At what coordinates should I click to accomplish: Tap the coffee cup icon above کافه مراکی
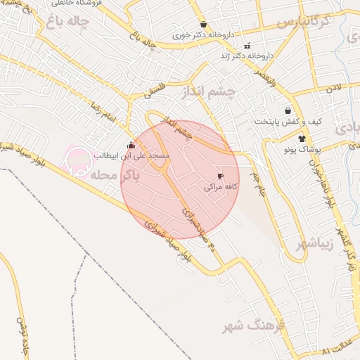220,176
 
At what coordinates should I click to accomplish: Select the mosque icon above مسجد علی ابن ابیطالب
130,146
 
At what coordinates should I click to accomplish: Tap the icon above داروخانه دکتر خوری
203,24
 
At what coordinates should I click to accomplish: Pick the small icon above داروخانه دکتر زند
246,46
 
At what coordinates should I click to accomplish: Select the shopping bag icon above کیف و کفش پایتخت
288,110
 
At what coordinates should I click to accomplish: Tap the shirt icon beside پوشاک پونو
302,139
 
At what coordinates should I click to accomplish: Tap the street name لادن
331,88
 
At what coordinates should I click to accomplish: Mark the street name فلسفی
156,87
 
